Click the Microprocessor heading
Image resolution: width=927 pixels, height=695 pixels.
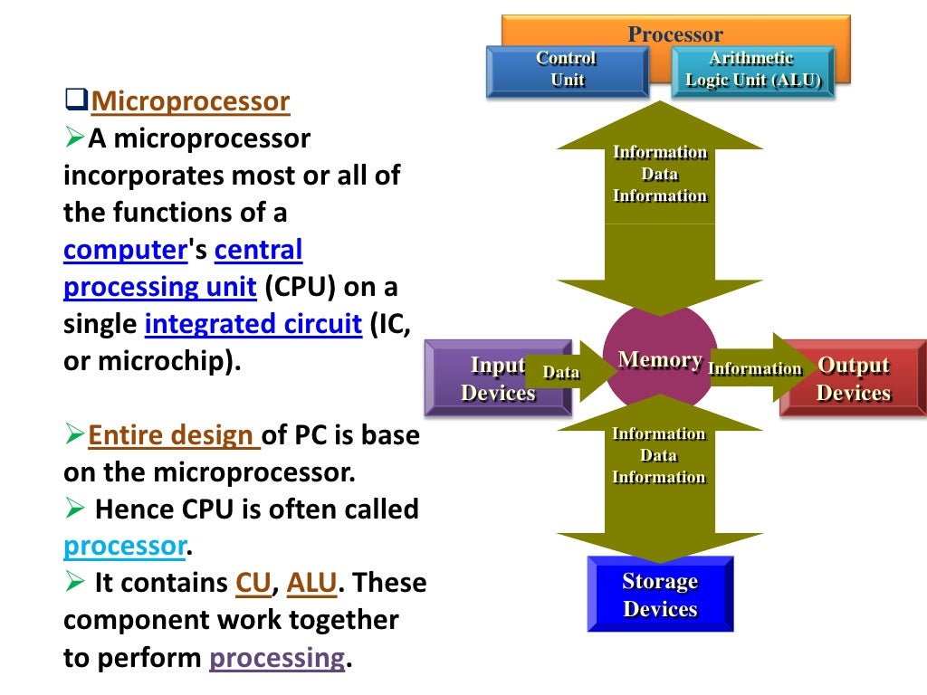coord(190,101)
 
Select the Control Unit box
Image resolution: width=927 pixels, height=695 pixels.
coord(567,70)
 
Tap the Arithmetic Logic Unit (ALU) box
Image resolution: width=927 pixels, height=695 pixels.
coord(751,70)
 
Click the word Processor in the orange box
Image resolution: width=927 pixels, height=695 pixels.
coord(675,34)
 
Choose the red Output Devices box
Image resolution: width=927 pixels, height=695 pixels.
coord(854,378)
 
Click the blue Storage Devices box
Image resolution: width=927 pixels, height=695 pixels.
coord(660,595)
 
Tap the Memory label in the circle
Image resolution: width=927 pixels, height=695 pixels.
coord(660,360)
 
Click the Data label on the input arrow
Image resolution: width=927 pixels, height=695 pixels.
coord(560,372)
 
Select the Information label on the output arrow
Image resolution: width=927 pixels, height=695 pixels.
coord(755,368)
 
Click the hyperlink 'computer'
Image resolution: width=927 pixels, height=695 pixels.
coord(125,250)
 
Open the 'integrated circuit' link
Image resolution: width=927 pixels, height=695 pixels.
coord(253,324)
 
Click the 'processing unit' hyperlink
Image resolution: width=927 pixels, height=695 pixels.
coord(159,287)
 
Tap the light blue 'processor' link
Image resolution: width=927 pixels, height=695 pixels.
coord(124,547)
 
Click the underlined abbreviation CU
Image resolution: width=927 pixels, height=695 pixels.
coord(253,584)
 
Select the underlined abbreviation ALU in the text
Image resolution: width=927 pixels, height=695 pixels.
coord(311,584)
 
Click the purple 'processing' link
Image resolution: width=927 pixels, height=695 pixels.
coord(277,658)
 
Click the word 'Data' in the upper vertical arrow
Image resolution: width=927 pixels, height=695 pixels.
coord(660,174)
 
